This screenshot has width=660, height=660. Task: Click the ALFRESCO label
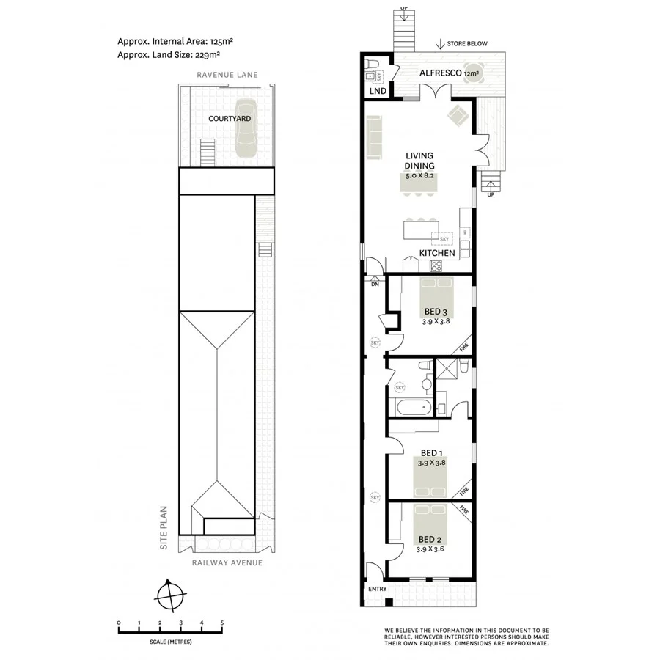pyautogui.click(x=439, y=73)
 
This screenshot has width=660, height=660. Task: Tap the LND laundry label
pyautogui.click(x=378, y=92)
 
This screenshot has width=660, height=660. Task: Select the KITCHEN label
pyautogui.click(x=437, y=253)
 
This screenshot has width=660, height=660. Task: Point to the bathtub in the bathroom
pyautogui.click(x=410, y=408)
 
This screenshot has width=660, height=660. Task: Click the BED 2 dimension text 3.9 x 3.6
pyautogui.click(x=430, y=549)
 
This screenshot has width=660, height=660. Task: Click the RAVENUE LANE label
pyautogui.click(x=226, y=75)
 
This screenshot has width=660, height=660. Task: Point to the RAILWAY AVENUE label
pyautogui.click(x=227, y=562)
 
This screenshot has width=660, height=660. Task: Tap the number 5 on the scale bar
pyautogui.click(x=222, y=623)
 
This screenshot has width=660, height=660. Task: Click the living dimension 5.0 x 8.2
pyautogui.click(x=420, y=176)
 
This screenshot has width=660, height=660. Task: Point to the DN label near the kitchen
pyautogui.click(x=374, y=285)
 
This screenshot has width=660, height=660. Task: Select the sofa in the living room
pyautogui.click(x=374, y=139)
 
